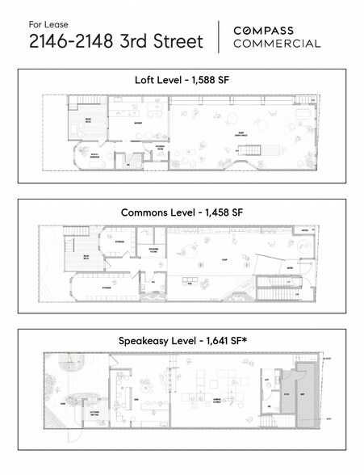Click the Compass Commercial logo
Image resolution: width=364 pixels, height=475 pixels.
click(x=276, y=37)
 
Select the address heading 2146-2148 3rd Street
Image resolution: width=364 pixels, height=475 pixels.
click(x=111, y=42)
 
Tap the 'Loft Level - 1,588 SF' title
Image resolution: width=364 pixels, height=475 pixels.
click(x=182, y=80)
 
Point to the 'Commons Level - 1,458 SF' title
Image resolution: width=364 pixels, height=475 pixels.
click(x=182, y=212)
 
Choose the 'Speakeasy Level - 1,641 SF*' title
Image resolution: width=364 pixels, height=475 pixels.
click(x=182, y=343)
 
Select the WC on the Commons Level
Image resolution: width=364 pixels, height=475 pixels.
click(x=153, y=282)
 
